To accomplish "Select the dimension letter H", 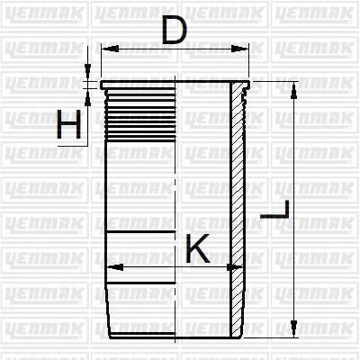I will pos(68,126).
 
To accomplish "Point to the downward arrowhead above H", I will pos(88,75).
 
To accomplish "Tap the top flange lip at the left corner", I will pos(104,86).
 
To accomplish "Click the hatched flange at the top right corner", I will pos(240,89).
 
